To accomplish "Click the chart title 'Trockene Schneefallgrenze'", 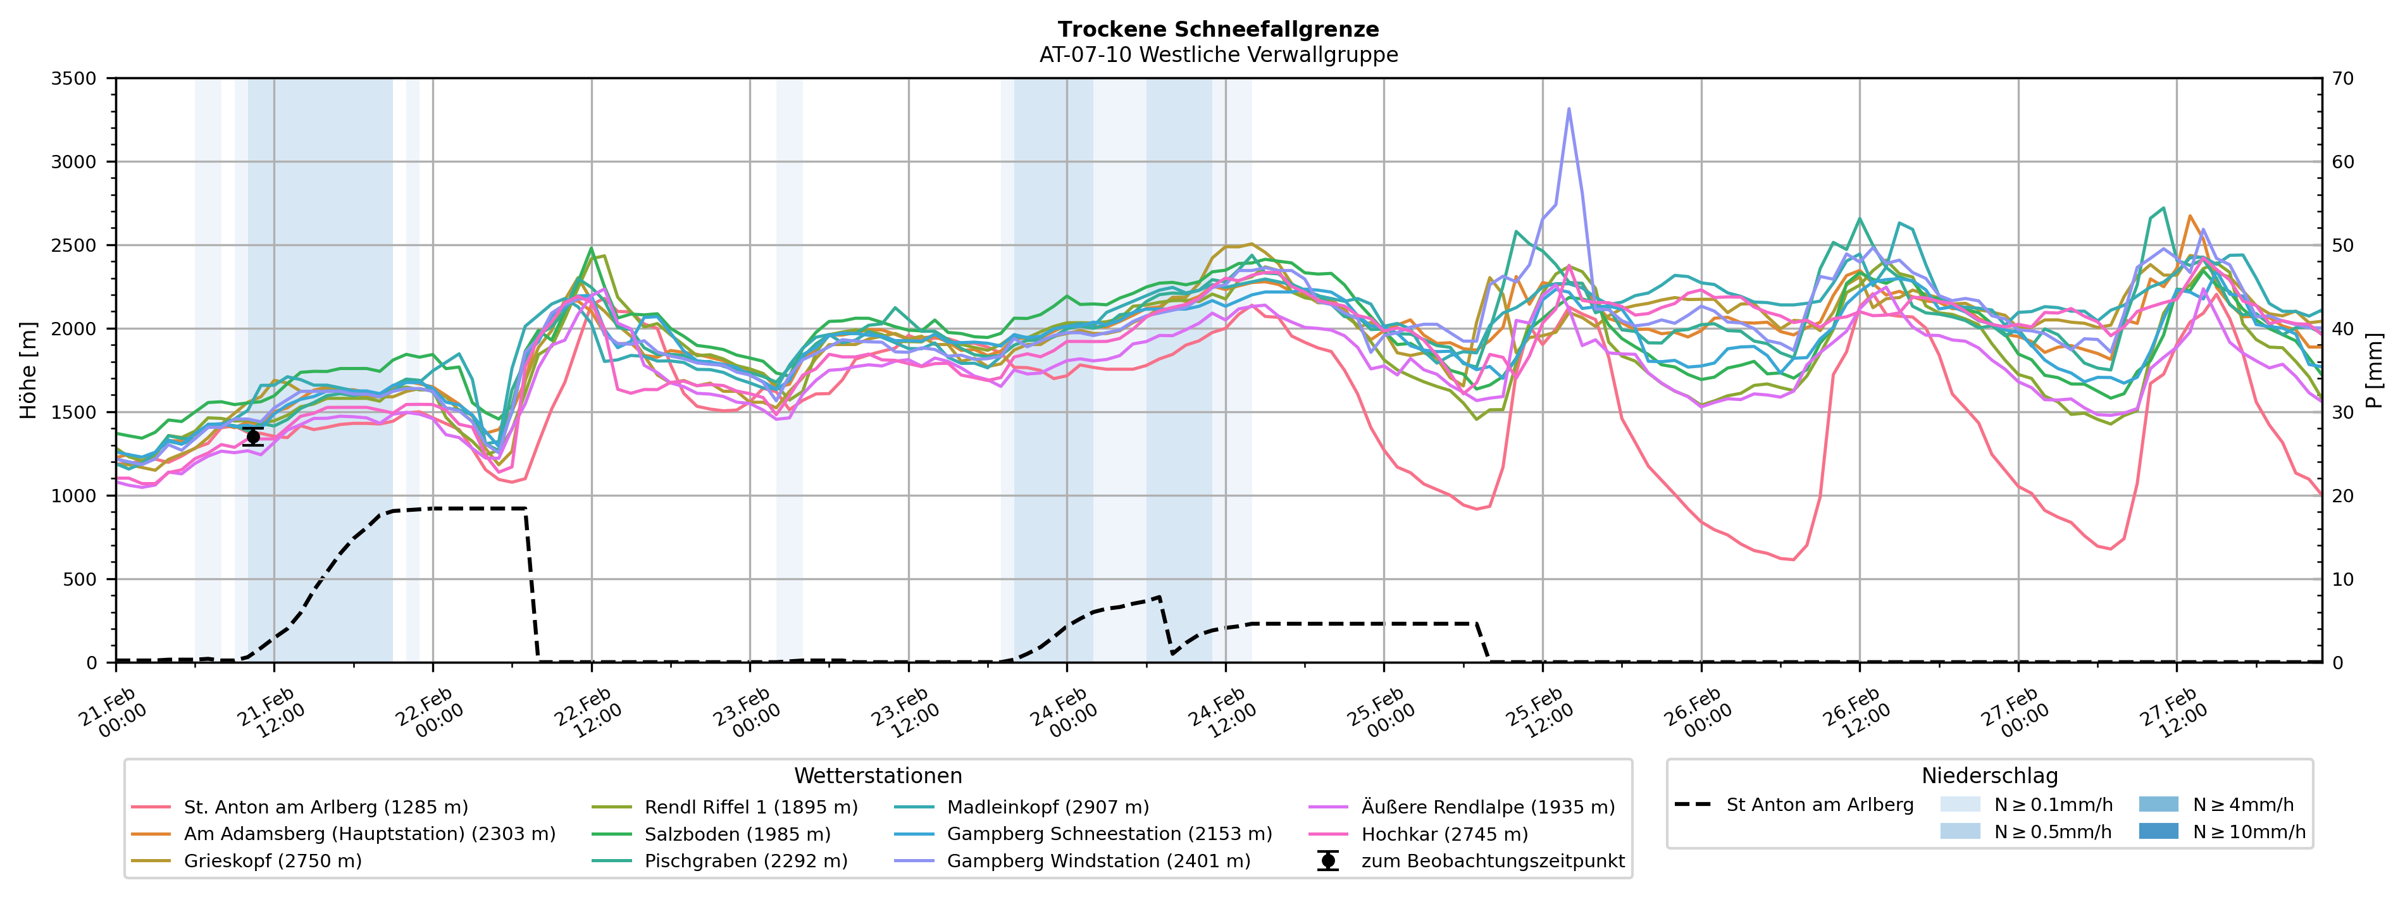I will (x=1219, y=30).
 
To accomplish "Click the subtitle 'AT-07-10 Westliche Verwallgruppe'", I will (x=1219, y=55).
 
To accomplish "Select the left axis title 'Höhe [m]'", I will (x=28, y=371).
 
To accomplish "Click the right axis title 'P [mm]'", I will (x=2374, y=371).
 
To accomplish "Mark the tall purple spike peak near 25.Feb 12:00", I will (x=1569, y=109).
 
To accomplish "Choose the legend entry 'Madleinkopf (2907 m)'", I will (x=1048, y=807).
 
